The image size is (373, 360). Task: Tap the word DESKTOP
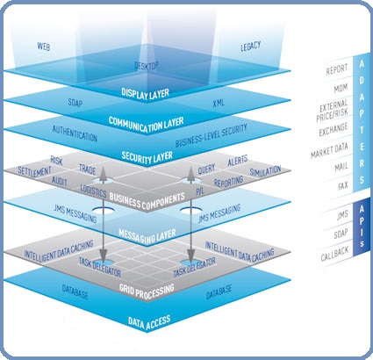(x=150, y=65)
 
